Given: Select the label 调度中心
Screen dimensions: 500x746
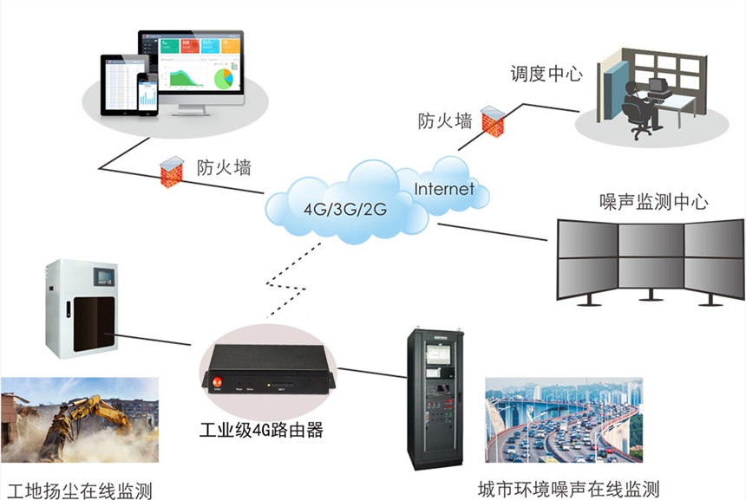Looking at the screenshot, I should (x=546, y=74).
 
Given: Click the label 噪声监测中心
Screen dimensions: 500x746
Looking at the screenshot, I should (x=655, y=203).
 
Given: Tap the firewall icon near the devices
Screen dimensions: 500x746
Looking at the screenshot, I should (x=169, y=167).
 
